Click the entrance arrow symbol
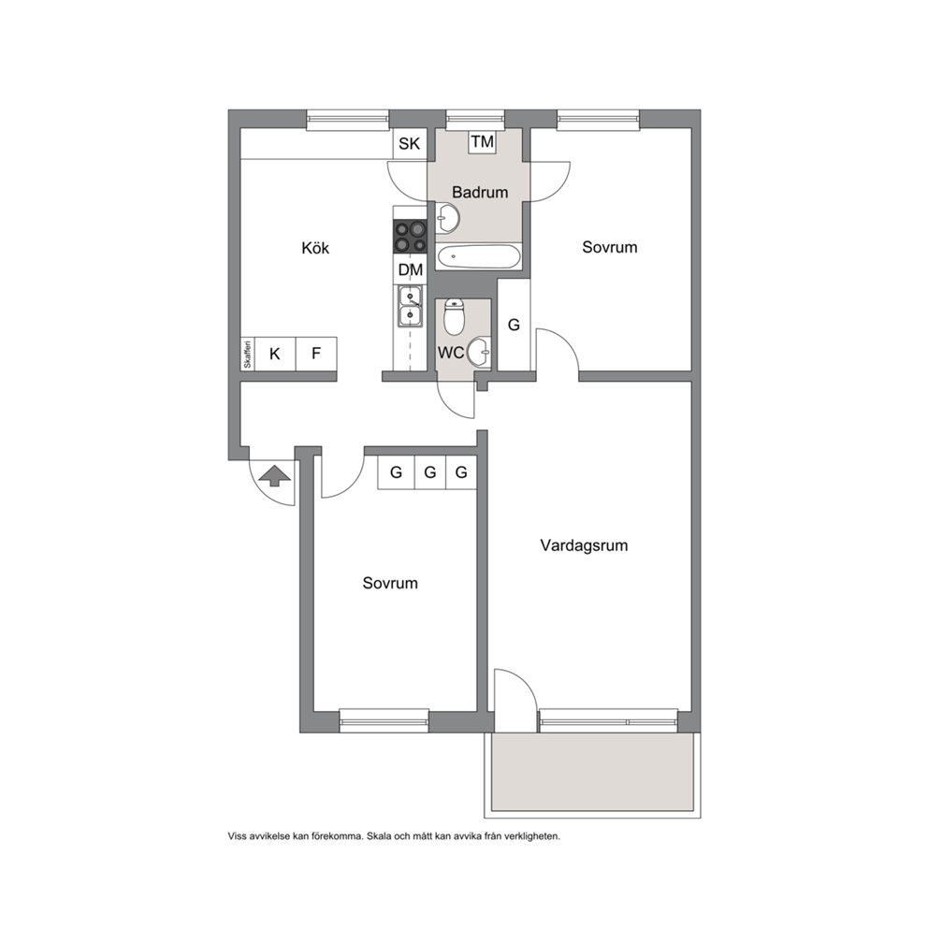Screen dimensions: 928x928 click(x=276, y=476)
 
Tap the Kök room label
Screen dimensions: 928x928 click(x=315, y=248)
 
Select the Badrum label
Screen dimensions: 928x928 click(x=480, y=193)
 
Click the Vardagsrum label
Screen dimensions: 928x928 click(x=584, y=545)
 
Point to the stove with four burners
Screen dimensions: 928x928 click(x=410, y=236)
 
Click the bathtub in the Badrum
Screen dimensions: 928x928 click(x=479, y=257)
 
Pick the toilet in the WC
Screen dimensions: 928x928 click(x=454, y=317)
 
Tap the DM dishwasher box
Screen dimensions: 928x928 click(x=410, y=270)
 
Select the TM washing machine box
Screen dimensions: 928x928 click(x=483, y=141)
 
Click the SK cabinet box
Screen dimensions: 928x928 click(x=410, y=144)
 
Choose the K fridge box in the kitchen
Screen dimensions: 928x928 click(x=275, y=354)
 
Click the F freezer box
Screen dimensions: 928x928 click(x=316, y=354)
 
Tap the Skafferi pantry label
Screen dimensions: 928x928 click(x=247, y=354)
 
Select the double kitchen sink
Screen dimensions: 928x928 click(x=410, y=306)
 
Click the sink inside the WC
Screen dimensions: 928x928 click(x=479, y=353)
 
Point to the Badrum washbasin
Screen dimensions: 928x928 click(x=447, y=218)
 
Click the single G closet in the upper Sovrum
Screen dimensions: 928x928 click(x=514, y=325)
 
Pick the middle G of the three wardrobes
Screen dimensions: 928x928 click(x=430, y=472)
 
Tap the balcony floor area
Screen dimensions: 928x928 click(x=592, y=773)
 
